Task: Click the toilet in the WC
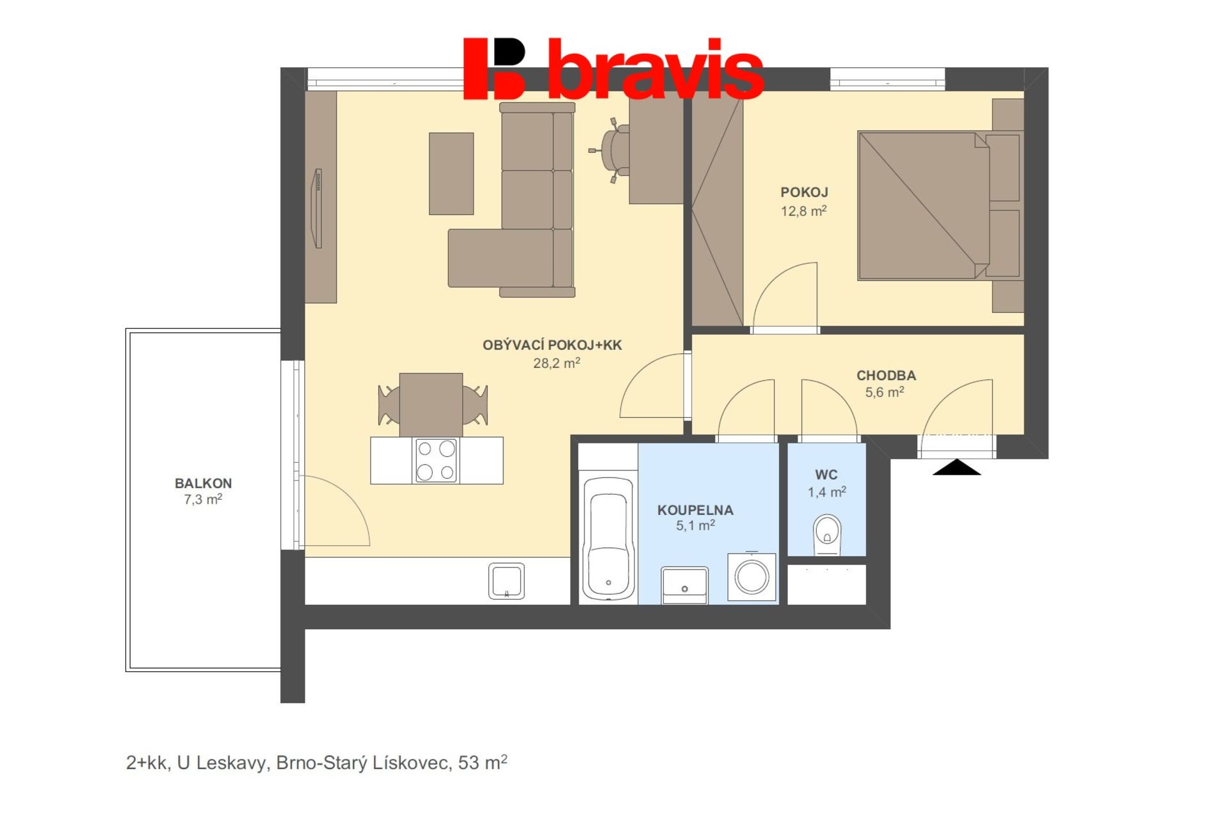pyautogui.click(x=826, y=536)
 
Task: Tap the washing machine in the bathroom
pyautogui.click(x=751, y=577)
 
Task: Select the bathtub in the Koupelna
pyautogui.click(x=608, y=538)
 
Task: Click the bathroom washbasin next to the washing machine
pyautogui.click(x=684, y=585)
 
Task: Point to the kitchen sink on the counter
pyautogui.click(x=506, y=581)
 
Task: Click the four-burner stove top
pyautogui.click(x=436, y=460)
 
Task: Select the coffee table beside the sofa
pyautogui.click(x=451, y=173)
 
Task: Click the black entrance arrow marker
pyautogui.click(x=956, y=467)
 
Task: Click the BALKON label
pyautogui.click(x=204, y=484)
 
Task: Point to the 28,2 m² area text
pyautogui.click(x=557, y=363)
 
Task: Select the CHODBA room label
pyautogui.click(x=886, y=376)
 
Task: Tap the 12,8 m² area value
pyautogui.click(x=803, y=211)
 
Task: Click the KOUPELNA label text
pyautogui.click(x=695, y=511)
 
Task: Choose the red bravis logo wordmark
pyautogui.click(x=613, y=68)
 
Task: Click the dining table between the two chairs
pyautogui.click(x=431, y=405)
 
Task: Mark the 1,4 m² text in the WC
pyautogui.click(x=826, y=492)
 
